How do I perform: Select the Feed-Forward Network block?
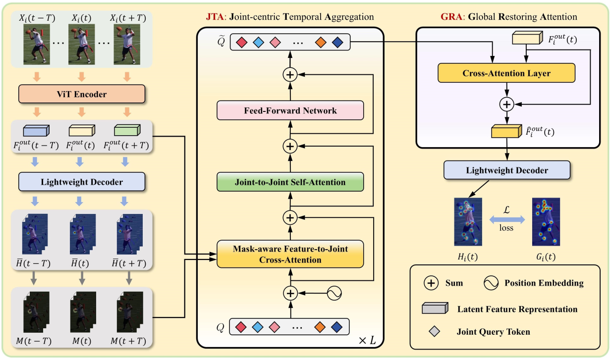pyautogui.click(x=290, y=110)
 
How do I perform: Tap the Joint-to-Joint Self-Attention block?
pyautogui.click(x=290, y=182)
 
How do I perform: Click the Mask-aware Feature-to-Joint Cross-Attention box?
pyautogui.click(x=290, y=255)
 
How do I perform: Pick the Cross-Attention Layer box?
pyautogui.click(x=506, y=73)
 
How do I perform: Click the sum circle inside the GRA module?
pyautogui.click(x=506, y=104)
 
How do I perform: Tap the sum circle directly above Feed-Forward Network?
pyautogui.click(x=290, y=75)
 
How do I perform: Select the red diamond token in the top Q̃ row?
pyautogui.click(x=241, y=42)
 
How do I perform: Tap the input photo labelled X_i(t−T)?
pyautogui.click(x=37, y=45)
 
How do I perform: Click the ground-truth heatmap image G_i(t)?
pyautogui.click(x=546, y=221)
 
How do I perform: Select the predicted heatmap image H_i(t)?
pyautogui.click(x=468, y=221)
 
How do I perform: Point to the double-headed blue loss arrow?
pyautogui.click(x=506, y=218)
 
